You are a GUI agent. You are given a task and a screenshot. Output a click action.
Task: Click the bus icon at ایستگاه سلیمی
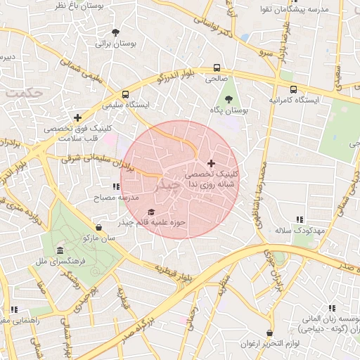click(x=125, y=94)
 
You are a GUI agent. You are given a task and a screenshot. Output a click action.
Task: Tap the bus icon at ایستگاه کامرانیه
click(x=293, y=89)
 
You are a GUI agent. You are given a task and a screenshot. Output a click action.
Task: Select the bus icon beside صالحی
click(x=217, y=69)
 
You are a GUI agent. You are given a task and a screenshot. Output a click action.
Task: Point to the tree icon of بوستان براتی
click(x=116, y=32)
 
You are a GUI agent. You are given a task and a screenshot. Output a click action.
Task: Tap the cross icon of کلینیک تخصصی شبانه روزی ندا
click(x=211, y=163)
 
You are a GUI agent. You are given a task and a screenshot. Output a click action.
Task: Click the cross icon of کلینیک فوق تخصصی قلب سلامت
click(x=77, y=117)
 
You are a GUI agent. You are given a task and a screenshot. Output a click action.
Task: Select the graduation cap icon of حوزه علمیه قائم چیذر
click(x=150, y=212)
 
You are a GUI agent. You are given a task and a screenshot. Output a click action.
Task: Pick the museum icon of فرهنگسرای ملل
click(x=59, y=251)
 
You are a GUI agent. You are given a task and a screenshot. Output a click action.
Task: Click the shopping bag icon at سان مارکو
click(x=98, y=228)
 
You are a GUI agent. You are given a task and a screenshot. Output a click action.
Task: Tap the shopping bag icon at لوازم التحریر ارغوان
click(x=269, y=333)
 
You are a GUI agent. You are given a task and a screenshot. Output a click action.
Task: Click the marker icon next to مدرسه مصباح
click(x=115, y=187)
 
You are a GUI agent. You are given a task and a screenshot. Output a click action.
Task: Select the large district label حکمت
click(x=22, y=92)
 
